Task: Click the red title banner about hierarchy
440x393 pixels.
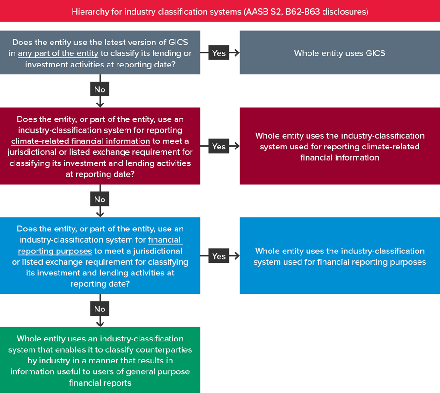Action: (220, 11)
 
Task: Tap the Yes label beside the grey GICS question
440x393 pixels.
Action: (219, 53)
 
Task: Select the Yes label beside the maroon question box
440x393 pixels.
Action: (219, 146)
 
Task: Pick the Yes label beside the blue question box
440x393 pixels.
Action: (219, 256)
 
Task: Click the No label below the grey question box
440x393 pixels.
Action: (100, 89)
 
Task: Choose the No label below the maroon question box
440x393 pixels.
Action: (100, 199)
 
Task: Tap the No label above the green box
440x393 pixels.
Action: (100, 309)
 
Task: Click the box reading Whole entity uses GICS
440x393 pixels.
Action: (339, 52)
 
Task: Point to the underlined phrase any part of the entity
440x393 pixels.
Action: (58, 53)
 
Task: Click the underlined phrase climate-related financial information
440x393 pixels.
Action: (81, 141)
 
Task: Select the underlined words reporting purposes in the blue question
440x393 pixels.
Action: (55, 251)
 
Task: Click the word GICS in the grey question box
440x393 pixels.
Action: (178, 42)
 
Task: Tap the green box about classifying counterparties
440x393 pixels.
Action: (100, 360)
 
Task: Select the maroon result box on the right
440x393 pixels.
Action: (339, 146)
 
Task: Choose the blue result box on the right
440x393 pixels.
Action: (339, 256)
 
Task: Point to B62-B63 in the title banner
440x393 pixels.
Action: (302, 12)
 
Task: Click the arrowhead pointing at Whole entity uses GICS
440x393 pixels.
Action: (237, 52)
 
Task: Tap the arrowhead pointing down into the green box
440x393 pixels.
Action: (100, 324)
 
